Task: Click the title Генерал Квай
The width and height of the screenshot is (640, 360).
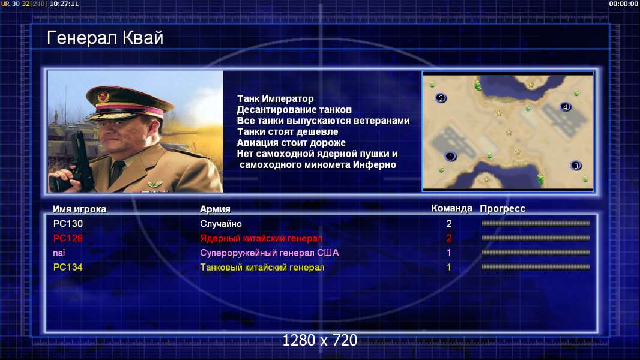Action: click(x=105, y=38)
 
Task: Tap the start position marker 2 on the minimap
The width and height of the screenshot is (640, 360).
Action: click(x=441, y=98)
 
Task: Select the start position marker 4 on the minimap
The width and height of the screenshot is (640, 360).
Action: click(x=566, y=107)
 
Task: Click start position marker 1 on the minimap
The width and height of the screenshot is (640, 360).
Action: click(x=451, y=156)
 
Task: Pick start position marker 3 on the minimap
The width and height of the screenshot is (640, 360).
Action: click(x=576, y=166)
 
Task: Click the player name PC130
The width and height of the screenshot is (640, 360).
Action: click(x=68, y=224)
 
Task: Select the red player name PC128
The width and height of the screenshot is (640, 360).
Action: click(x=68, y=238)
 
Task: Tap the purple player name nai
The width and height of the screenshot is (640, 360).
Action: click(x=59, y=253)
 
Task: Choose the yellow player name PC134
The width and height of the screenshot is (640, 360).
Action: click(x=68, y=268)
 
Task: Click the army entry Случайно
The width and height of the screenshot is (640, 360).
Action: click(x=221, y=224)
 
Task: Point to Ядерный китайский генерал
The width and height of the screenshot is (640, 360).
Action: click(x=261, y=239)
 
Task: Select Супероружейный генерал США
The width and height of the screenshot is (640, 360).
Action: click(x=270, y=253)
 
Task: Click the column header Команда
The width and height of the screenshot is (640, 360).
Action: click(x=452, y=208)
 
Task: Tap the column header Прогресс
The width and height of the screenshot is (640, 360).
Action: click(x=503, y=209)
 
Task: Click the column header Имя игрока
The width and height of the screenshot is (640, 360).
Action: click(x=80, y=209)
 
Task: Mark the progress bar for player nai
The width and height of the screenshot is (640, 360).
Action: click(x=536, y=253)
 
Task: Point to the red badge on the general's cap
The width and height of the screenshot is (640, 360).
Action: click(x=104, y=96)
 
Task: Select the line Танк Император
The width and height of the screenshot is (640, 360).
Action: click(x=276, y=98)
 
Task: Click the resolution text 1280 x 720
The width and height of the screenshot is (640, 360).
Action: click(x=320, y=340)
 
